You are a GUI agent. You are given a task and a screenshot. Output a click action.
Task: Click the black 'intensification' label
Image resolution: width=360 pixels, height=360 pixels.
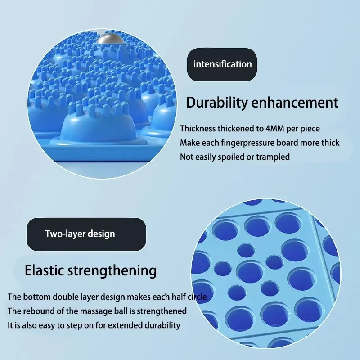coord(222,64)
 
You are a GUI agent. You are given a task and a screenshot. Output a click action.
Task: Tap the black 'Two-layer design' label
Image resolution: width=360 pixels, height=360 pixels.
coord(80,234)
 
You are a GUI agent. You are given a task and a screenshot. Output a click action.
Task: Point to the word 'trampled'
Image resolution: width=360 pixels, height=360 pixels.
coord(274,157)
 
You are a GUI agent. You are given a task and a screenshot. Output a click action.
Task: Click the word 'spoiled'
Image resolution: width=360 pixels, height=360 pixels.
coord(234,157)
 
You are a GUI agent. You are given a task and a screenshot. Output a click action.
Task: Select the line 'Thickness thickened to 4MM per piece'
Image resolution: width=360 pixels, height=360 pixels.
coord(250,129)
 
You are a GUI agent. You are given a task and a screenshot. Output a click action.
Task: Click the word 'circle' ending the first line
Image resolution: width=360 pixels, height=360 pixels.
coord(197,297)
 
